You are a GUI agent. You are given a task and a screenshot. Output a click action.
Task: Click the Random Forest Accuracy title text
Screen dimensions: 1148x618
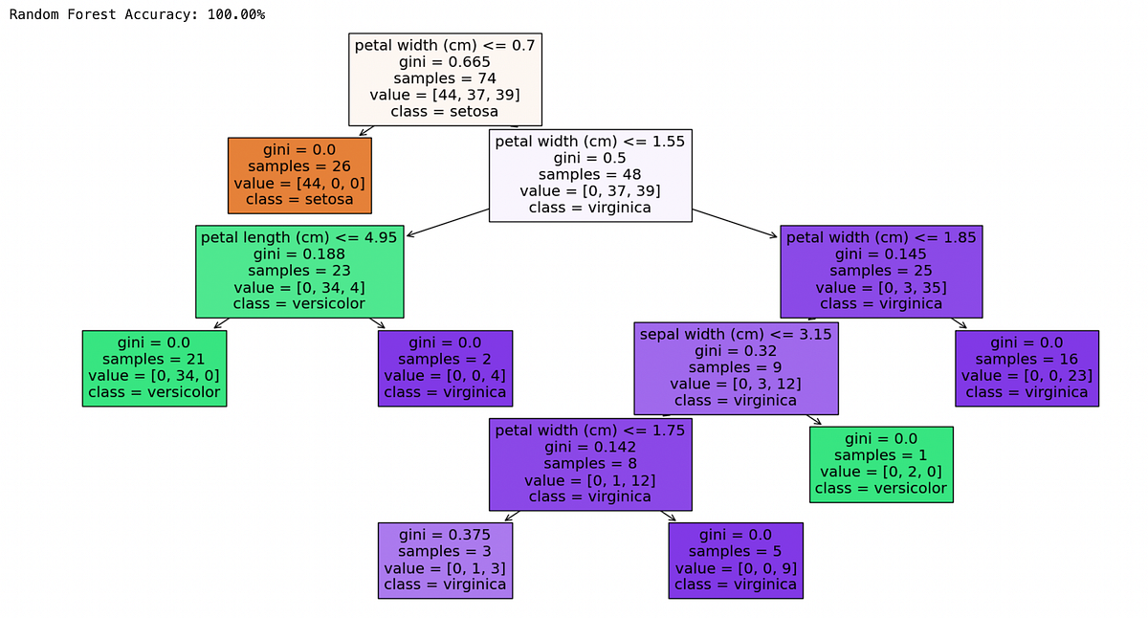[x=137, y=14]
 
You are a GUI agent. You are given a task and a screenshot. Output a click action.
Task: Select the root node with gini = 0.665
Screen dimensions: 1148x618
[x=445, y=79]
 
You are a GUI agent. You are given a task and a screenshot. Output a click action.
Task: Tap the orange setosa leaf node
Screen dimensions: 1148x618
[x=299, y=175]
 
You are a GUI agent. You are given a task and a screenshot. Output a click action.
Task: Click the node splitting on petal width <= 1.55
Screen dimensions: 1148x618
[x=590, y=175]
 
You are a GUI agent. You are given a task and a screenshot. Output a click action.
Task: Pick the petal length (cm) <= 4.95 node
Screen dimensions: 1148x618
[x=299, y=272]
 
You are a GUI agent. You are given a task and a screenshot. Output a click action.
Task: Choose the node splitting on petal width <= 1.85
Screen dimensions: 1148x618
[x=881, y=272]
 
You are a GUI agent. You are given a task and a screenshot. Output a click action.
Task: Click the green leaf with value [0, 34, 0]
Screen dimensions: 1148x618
[x=154, y=368]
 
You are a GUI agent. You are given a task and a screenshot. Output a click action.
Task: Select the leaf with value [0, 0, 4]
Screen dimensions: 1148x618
[x=446, y=368]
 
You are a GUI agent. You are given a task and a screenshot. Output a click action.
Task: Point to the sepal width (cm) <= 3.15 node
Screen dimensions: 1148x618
[x=736, y=368]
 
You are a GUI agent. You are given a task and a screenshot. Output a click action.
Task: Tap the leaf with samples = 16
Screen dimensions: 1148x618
[x=1027, y=368]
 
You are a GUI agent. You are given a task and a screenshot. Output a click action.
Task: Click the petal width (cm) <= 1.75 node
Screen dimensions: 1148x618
[x=590, y=464]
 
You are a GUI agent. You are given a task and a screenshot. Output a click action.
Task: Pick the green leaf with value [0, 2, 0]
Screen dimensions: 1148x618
[x=881, y=464]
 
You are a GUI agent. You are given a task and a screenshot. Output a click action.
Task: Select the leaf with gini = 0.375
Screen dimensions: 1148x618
[x=446, y=561]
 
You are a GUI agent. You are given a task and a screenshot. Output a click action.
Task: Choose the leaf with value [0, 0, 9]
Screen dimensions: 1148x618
[x=736, y=561]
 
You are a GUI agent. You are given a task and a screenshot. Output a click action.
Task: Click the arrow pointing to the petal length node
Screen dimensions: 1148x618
[x=448, y=222]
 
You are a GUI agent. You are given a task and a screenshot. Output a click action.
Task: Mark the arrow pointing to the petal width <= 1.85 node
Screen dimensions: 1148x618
[x=735, y=223]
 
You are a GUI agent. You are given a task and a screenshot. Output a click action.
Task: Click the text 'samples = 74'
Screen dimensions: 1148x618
[x=445, y=78]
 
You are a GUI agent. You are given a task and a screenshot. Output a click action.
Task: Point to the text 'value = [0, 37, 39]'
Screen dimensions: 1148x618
[x=590, y=191]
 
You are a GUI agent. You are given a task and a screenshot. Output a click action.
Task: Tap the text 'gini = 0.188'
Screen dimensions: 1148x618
[x=299, y=254]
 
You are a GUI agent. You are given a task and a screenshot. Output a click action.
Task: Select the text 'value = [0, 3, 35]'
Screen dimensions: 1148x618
[x=881, y=288]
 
